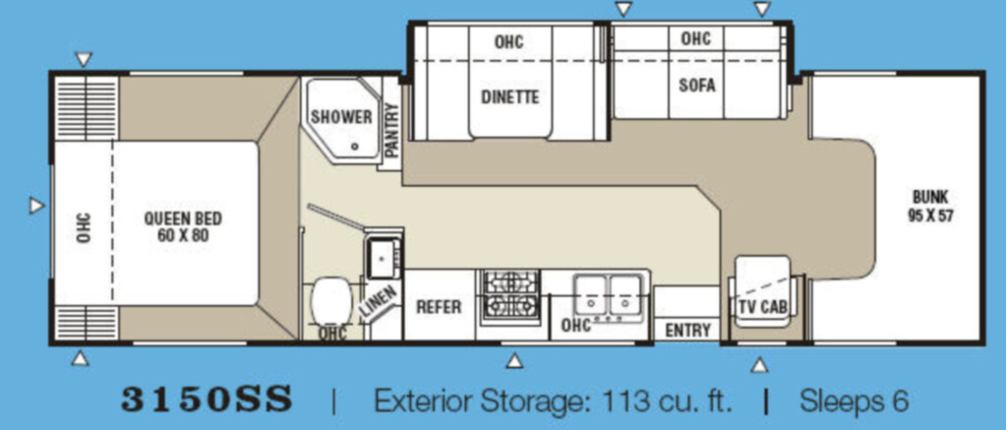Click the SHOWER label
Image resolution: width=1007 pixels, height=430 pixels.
pos(341,117)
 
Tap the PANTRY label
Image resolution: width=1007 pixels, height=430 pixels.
pos(391,130)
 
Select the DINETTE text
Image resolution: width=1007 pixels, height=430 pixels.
pos(510,97)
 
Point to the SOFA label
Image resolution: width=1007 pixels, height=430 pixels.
pos(697,85)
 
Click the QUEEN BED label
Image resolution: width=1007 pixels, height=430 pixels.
pos(183,218)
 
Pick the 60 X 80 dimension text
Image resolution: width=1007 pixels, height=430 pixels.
pos(183,235)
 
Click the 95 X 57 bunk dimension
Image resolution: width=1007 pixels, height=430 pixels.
pos(930,215)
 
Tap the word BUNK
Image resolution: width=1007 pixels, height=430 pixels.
pos(930,198)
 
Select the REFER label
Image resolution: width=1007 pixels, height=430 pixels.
pos(439,307)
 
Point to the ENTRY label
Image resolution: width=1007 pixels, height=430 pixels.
pos(687,331)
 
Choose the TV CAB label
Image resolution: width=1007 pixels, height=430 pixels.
pos(762,307)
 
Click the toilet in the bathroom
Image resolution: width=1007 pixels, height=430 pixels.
pos(331,303)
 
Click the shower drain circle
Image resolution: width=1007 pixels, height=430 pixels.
pos(354,147)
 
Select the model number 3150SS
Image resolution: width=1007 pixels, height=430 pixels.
pos(207,399)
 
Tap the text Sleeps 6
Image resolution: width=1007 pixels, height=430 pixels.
pos(855,401)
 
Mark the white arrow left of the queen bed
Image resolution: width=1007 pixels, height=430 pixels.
pos(36,206)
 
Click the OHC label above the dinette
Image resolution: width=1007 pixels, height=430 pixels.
pos(508,41)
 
